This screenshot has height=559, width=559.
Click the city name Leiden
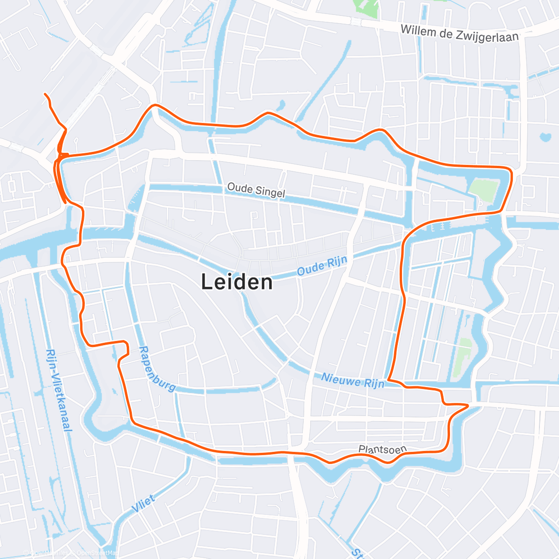(x=237, y=282)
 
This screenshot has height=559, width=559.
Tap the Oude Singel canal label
(x=256, y=190)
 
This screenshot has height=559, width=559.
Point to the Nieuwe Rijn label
(x=353, y=380)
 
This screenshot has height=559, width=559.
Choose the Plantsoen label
(x=382, y=449)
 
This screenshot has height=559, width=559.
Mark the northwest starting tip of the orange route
(x=45, y=94)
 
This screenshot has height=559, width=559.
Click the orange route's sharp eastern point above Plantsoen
(x=467, y=406)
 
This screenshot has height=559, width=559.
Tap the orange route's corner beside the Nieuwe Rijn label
(x=389, y=380)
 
